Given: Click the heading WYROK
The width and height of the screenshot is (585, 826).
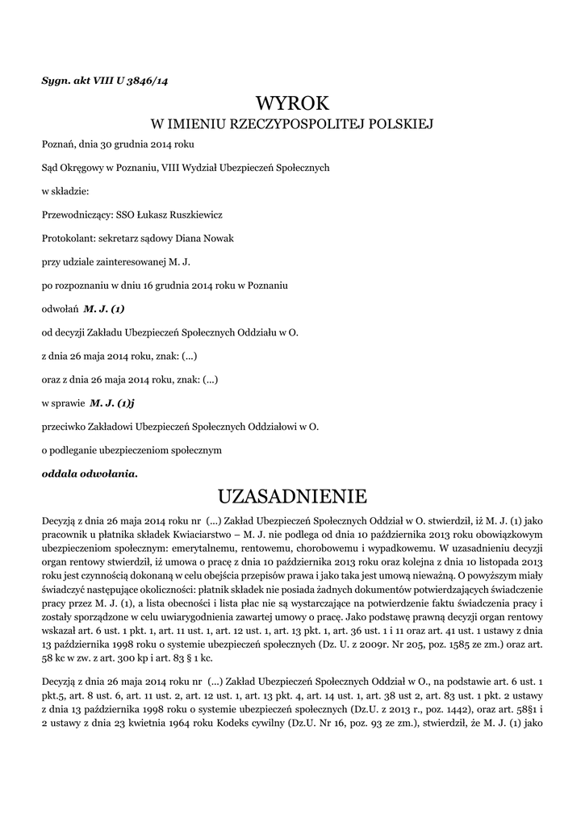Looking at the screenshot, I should [292, 103].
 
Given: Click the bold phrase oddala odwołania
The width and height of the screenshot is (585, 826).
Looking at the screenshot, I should [90, 473].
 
